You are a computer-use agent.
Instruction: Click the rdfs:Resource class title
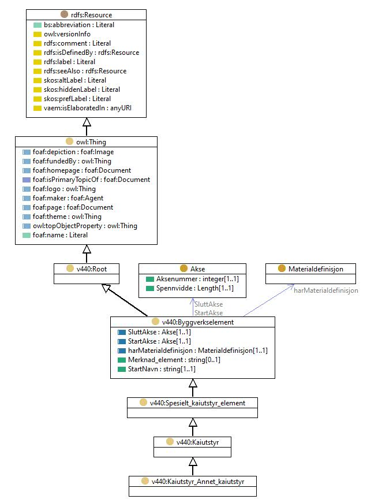91,15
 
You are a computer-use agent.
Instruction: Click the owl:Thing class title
91,142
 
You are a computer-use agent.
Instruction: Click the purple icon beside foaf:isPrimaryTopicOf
27,180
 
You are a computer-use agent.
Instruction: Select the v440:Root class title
92,269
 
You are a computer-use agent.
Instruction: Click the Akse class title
197,269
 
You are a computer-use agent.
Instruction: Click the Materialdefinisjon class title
316,269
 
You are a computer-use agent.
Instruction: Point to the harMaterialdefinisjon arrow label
326,290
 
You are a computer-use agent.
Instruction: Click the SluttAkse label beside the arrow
209,304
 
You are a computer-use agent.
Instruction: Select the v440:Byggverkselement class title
198,322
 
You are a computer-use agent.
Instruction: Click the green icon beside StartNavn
122,369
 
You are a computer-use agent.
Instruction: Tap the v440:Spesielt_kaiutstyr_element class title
197,403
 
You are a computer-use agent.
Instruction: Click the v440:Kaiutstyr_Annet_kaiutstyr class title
198,482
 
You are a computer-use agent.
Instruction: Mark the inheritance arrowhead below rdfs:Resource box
87,122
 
